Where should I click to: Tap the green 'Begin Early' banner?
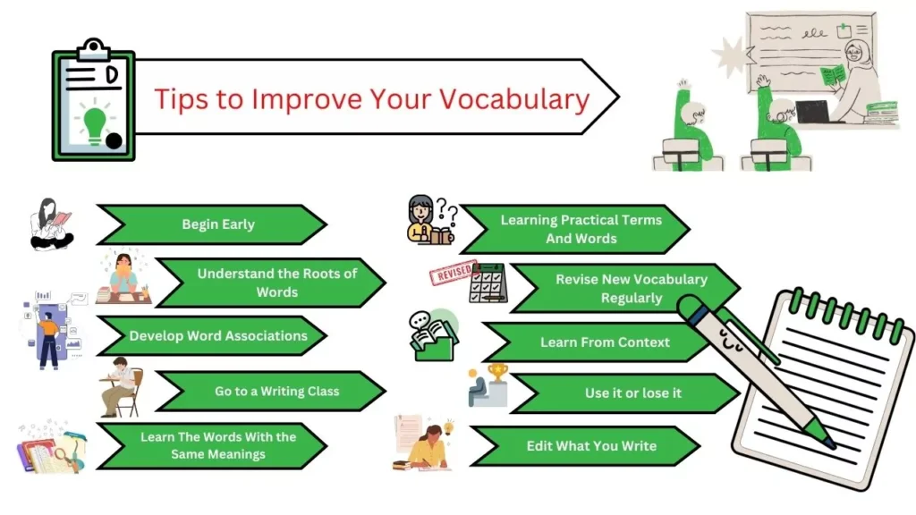(217, 224)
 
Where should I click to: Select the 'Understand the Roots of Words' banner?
(276, 283)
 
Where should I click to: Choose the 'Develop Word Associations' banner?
(217, 336)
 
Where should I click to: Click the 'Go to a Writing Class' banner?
(276, 391)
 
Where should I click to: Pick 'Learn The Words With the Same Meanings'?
(217, 445)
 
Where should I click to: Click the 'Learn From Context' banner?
(604, 342)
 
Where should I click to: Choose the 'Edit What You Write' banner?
(590, 445)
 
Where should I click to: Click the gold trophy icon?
(497, 373)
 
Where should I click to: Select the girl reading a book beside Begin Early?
(51, 224)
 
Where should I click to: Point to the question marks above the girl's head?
(446, 215)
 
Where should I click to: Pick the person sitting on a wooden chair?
(121, 386)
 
